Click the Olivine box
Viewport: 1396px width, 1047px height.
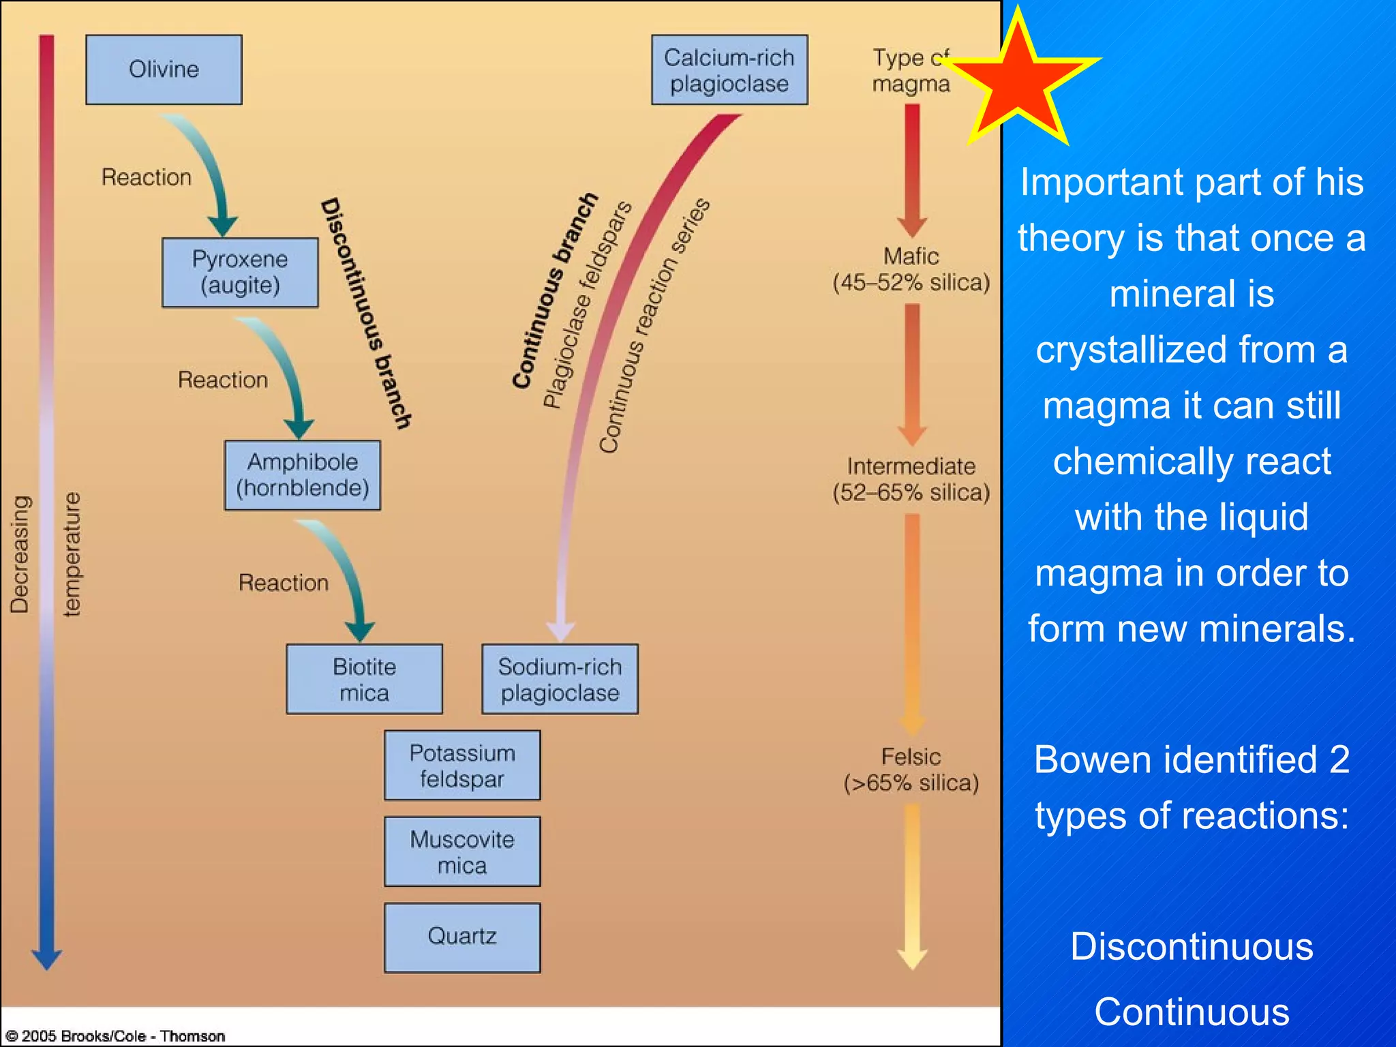[x=164, y=70]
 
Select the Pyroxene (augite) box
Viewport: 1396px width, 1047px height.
[x=240, y=272]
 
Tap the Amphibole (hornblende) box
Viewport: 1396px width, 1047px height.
[x=303, y=475]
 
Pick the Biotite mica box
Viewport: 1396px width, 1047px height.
[x=364, y=679]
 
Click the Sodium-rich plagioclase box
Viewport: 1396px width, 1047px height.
[x=560, y=679]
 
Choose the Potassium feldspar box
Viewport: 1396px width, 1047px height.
[x=462, y=765]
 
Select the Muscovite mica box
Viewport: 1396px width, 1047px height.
[x=462, y=851]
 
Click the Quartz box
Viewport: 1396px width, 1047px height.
[x=462, y=937]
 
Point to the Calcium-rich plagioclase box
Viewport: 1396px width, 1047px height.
[x=729, y=70]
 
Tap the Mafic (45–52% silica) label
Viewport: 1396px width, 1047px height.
[x=911, y=269]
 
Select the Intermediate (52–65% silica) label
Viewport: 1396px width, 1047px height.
[x=911, y=479]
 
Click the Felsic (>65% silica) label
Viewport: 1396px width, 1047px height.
[x=911, y=770]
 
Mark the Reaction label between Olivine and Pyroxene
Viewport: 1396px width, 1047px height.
[x=147, y=177]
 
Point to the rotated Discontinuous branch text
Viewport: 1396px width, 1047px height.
[x=366, y=314]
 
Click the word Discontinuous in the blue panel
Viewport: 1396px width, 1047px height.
[x=1192, y=946]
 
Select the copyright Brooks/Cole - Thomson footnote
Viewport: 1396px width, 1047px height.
[x=115, y=1036]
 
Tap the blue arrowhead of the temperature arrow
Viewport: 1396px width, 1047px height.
[x=46, y=959]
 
